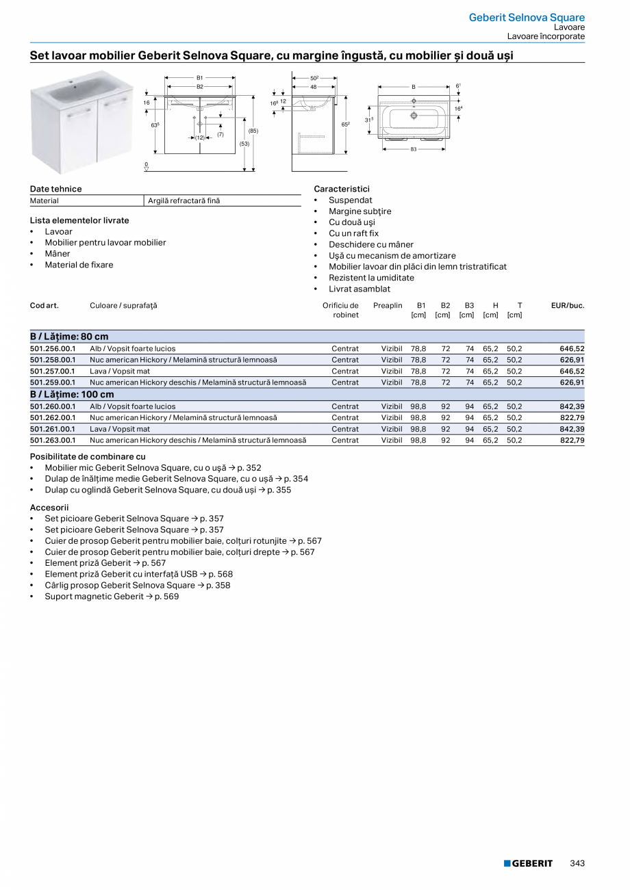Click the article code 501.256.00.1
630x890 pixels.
pos(53,348)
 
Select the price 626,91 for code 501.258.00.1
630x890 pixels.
pos(572,360)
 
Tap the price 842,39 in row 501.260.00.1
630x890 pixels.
pos(572,406)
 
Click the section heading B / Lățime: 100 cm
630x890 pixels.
pos(72,395)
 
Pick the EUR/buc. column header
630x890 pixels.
pos(568,306)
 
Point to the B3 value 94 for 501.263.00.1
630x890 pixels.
pos(470,441)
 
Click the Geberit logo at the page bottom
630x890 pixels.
pos(528,863)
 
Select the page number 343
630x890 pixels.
pos(577,863)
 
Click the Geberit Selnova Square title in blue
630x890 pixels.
pos(527,17)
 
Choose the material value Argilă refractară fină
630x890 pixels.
pos(184,201)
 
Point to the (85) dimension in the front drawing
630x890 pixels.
pos(253,131)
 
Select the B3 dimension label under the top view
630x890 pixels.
pos(414,148)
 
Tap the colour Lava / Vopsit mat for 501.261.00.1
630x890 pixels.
pos(120,429)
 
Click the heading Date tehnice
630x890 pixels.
pos(55,189)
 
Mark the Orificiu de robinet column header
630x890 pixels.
pos(340,310)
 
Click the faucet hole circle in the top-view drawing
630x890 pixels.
pos(414,116)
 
